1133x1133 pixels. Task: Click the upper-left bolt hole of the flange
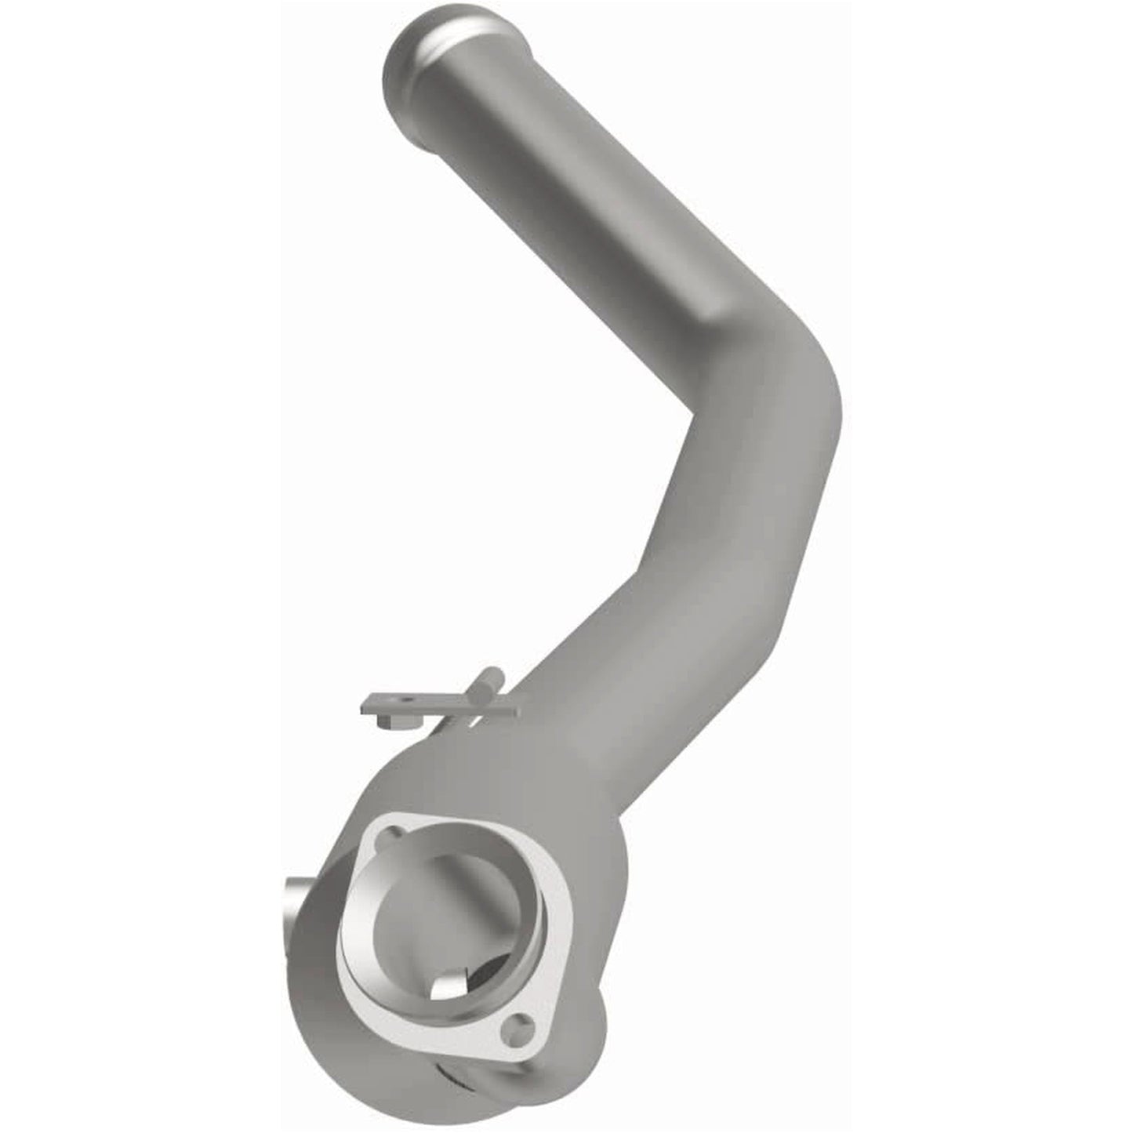385,839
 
